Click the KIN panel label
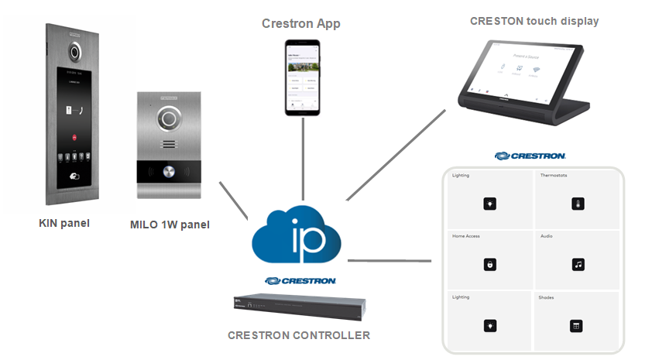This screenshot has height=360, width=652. (64, 224)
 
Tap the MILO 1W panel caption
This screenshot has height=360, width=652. (169, 225)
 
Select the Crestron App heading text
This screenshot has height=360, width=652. (301, 24)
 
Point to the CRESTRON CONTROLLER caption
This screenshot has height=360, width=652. (298, 335)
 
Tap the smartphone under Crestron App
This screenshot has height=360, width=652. (302, 77)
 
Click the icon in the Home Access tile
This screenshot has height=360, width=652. (489, 265)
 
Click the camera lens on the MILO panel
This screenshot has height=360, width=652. (169, 120)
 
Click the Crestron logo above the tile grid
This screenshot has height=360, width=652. (530, 156)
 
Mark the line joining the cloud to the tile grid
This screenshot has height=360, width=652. (392, 259)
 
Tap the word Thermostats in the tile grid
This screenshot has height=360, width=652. (553, 176)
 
